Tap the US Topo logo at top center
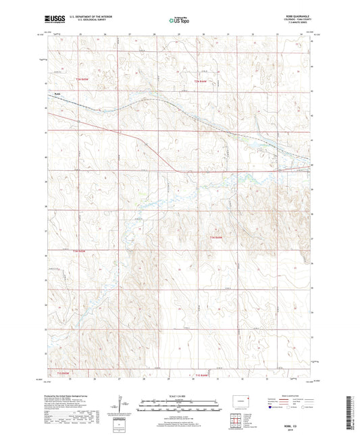point(179,21)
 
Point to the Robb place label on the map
point(49,95)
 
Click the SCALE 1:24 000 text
point(179,395)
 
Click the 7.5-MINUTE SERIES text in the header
point(295,24)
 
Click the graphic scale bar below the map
point(179,407)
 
